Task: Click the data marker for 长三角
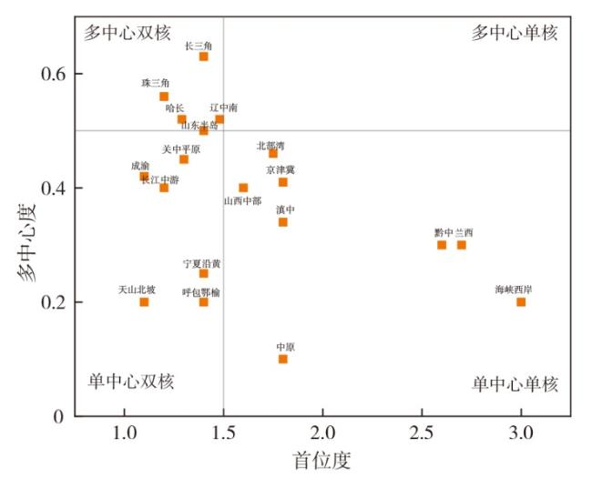click(x=203, y=56)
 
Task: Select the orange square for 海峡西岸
click(x=521, y=301)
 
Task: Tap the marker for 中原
click(x=282, y=359)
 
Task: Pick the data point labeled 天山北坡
click(x=144, y=301)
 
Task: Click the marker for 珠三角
click(x=164, y=97)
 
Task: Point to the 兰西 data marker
click(x=462, y=245)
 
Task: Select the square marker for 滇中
click(x=282, y=222)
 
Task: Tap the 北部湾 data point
click(x=272, y=154)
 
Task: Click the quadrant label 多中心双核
click(x=128, y=33)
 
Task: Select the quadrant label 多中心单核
click(x=515, y=33)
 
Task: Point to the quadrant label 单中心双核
click(x=130, y=381)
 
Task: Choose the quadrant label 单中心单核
click(x=515, y=384)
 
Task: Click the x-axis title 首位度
click(x=322, y=460)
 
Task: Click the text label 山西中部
click(x=242, y=201)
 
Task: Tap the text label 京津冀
click(x=281, y=169)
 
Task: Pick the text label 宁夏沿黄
click(x=201, y=263)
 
